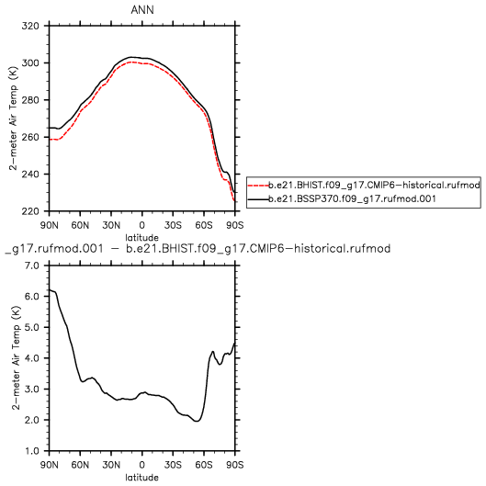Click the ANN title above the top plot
click(x=142, y=10)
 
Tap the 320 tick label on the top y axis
click(x=30, y=26)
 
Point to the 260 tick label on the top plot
click(x=30, y=137)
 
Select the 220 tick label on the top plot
click(x=30, y=211)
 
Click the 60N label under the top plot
click(x=80, y=225)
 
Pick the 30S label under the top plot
click(x=173, y=225)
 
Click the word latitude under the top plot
click(x=142, y=237)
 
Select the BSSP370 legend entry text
click(x=352, y=198)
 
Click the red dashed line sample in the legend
click(x=258, y=186)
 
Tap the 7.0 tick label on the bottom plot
click(x=32, y=266)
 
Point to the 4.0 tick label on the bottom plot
click(x=32, y=358)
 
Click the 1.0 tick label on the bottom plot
click(x=32, y=451)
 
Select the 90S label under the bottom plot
click(x=234, y=465)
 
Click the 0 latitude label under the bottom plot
click(x=142, y=465)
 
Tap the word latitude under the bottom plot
click(x=142, y=477)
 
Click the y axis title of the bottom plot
click(x=16, y=358)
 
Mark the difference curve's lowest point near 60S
click(x=197, y=421)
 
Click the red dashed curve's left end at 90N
click(x=50, y=140)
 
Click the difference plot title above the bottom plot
click(x=198, y=249)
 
